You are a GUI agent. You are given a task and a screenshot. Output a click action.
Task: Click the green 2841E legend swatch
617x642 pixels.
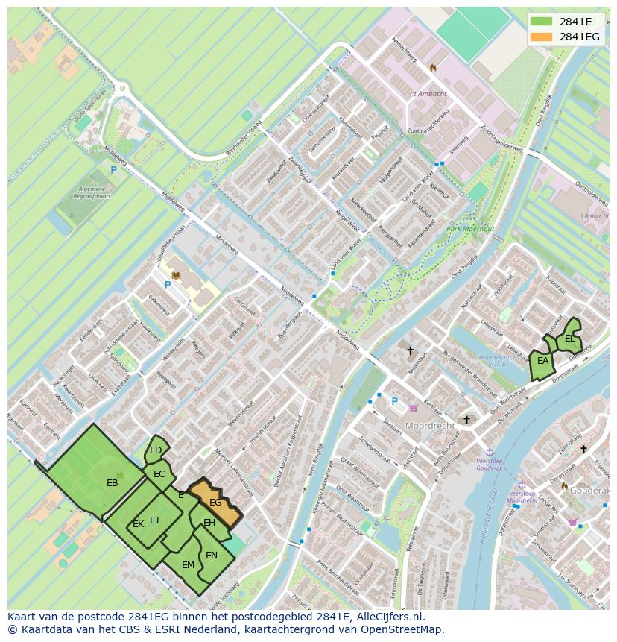542,21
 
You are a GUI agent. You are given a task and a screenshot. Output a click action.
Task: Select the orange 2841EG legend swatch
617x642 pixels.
542,37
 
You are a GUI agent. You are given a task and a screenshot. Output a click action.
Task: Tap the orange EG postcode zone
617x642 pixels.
215,503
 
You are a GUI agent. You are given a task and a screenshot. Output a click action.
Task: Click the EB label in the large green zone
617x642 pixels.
113,483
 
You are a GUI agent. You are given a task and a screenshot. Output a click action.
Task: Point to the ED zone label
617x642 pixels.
156,450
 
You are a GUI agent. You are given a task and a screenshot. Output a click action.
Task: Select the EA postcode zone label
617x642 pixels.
543,361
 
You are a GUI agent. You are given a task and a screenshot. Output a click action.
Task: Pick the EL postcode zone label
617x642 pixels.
570,339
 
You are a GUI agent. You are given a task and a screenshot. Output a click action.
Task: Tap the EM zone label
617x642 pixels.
188,565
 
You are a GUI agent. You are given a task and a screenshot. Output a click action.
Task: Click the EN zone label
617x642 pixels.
212,556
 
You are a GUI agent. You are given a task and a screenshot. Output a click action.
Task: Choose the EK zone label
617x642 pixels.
138,524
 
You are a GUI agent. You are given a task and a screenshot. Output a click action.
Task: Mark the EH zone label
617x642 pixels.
209,523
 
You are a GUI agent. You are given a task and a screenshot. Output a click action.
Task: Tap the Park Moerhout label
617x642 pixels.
470,230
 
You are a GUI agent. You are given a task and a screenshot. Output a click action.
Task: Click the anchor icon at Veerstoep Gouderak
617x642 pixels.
490,453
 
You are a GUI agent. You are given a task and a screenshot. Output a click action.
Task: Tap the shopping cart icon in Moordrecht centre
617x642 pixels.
413,407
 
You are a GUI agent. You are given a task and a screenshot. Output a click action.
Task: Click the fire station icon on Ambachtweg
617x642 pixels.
432,67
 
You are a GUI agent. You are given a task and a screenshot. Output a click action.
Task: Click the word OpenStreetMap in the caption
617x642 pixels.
405,629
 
